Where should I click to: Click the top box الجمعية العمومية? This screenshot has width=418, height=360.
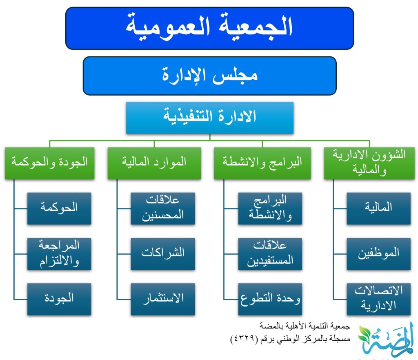pos(209,28)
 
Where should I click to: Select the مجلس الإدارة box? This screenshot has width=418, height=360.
pos(209,76)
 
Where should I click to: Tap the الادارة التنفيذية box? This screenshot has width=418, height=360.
pos(210,118)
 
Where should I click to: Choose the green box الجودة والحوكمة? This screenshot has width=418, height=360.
pos(49,163)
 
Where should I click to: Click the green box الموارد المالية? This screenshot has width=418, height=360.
pos(154,163)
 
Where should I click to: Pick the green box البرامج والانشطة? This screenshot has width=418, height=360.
pos(262,163)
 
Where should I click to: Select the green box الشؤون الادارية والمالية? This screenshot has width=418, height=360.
pos(369,163)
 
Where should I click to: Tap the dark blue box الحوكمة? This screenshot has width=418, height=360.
pos(59,208)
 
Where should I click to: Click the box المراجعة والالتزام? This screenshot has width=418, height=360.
pos(59,254)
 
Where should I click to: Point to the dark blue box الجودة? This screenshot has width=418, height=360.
pos(59,299)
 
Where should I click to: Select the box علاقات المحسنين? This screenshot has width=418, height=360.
pos(163,208)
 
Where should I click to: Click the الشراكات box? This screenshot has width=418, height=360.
pos(163,254)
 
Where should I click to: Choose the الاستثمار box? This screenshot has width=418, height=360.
pos(163,299)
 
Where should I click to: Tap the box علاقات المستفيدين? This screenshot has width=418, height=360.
pos(270,254)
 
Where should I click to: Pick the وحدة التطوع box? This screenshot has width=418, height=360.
pos(270,299)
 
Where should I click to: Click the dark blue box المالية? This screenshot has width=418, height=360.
pos(378,208)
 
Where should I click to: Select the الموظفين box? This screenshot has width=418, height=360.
pos(378,254)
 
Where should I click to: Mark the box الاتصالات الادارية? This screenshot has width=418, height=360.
pos(378,299)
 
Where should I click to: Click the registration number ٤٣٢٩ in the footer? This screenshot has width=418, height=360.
pos(244,339)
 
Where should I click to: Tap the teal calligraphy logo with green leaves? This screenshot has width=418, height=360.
pos(386,340)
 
